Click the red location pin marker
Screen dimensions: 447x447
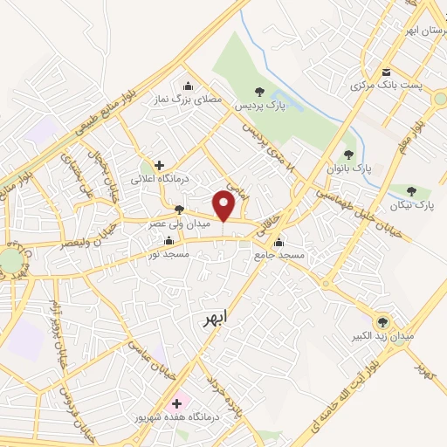[225, 205]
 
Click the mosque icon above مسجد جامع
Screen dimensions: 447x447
[279, 241]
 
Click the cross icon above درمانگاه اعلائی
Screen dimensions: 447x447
[159, 164]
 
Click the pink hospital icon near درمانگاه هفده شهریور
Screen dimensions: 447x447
[178, 403]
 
